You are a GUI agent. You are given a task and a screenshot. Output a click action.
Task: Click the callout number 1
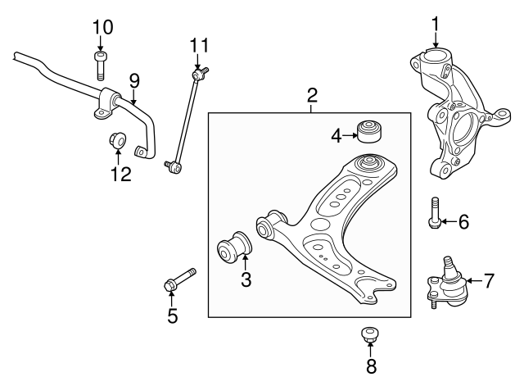[436, 25]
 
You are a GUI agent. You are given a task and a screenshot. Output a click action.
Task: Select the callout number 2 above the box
[312, 95]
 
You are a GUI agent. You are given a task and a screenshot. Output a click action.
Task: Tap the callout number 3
[246, 280]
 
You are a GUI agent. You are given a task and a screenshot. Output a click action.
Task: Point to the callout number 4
[337, 134]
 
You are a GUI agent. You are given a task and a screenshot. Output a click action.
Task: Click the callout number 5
[172, 316]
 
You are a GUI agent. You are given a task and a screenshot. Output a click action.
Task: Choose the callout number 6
[463, 221]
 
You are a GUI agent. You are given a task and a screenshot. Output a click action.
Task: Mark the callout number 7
[488, 281]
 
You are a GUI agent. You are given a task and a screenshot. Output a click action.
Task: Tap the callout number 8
[371, 366]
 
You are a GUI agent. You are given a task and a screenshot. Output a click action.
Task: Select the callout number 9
[134, 80]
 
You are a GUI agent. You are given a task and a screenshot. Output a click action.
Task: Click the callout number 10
[102, 26]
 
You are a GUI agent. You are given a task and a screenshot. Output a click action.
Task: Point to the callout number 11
[200, 44]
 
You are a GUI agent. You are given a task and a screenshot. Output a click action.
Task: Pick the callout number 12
[120, 174]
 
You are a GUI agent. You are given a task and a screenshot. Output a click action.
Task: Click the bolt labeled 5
[178, 280]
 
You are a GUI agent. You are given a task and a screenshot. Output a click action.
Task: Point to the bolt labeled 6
[435, 212]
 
